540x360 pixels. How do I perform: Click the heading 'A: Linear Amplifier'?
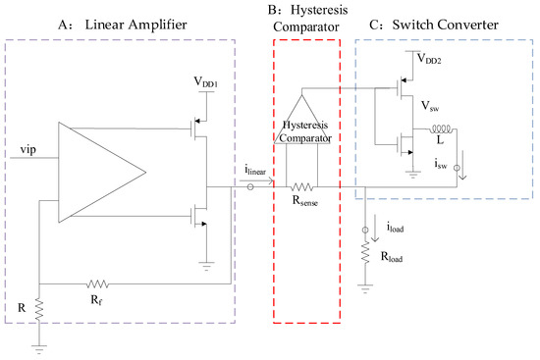[87, 24]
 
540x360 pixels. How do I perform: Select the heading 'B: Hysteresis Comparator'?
[306, 21]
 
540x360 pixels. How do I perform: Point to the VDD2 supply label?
[427, 58]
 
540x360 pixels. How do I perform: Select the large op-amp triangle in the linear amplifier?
[98, 172]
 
